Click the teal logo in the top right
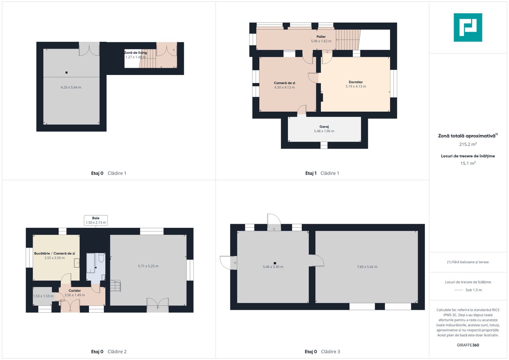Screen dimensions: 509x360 (x=468, y=27)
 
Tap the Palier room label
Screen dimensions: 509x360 (x=321, y=37)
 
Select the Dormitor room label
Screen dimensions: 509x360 (x=356, y=82)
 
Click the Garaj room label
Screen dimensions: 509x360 (x=324, y=127)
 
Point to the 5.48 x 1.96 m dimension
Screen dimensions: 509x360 (x=324, y=131)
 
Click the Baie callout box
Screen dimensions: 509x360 (x=96, y=220)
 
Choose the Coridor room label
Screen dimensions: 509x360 (x=75, y=290)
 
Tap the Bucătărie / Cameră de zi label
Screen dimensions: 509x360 (x=55, y=253)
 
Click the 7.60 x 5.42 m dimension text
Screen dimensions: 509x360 (x=367, y=267)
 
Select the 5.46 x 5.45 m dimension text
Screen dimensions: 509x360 (x=273, y=267)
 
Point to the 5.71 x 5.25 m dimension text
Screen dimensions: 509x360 (x=148, y=266)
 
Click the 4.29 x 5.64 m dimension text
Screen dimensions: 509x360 (x=71, y=87)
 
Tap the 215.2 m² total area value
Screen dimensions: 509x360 (x=468, y=144)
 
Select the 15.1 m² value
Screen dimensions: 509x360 (x=468, y=163)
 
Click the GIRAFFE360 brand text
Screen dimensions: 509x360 (x=468, y=345)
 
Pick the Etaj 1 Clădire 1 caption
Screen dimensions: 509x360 (x=322, y=173)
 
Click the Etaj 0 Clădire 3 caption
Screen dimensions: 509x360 (x=322, y=352)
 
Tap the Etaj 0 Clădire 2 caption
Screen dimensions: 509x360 (x=109, y=352)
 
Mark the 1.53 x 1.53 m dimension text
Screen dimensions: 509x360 (x=43, y=296)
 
